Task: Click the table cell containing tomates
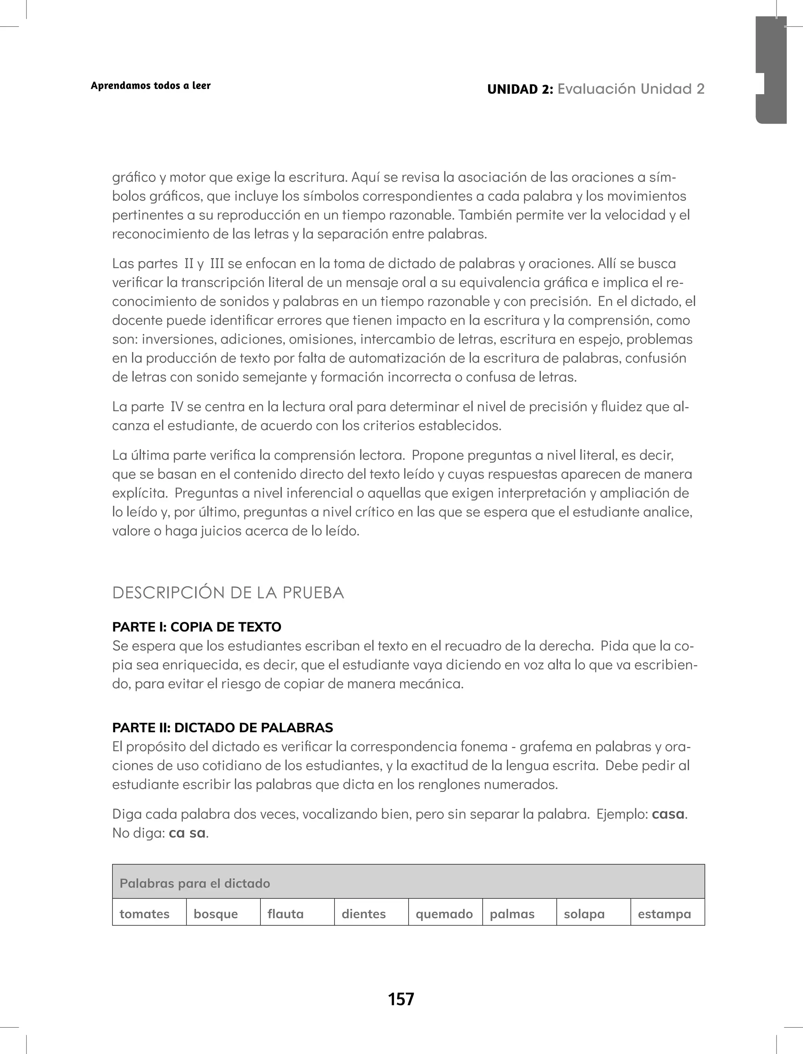click(x=149, y=914)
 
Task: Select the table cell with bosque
click(x=223, y=914)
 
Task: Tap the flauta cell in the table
click(x=297, y=914)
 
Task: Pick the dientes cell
click(x=371, y=914)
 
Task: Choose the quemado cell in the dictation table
click(x=445, y=914)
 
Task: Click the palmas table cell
click(x=519, y=914)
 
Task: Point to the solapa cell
click(x=593, y=914)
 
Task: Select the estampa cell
click(x=667, y=914)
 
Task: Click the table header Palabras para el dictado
click(x=195, y=883)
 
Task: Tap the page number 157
click(x=401, y=999)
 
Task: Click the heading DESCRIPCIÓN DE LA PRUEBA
click(x=228, y=593)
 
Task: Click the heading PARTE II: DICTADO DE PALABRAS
click(x=222, y=728)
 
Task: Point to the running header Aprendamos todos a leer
click(x=151, y=86)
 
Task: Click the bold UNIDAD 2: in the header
click(x=520, y=89)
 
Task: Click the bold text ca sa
click(x=187, y=833)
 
